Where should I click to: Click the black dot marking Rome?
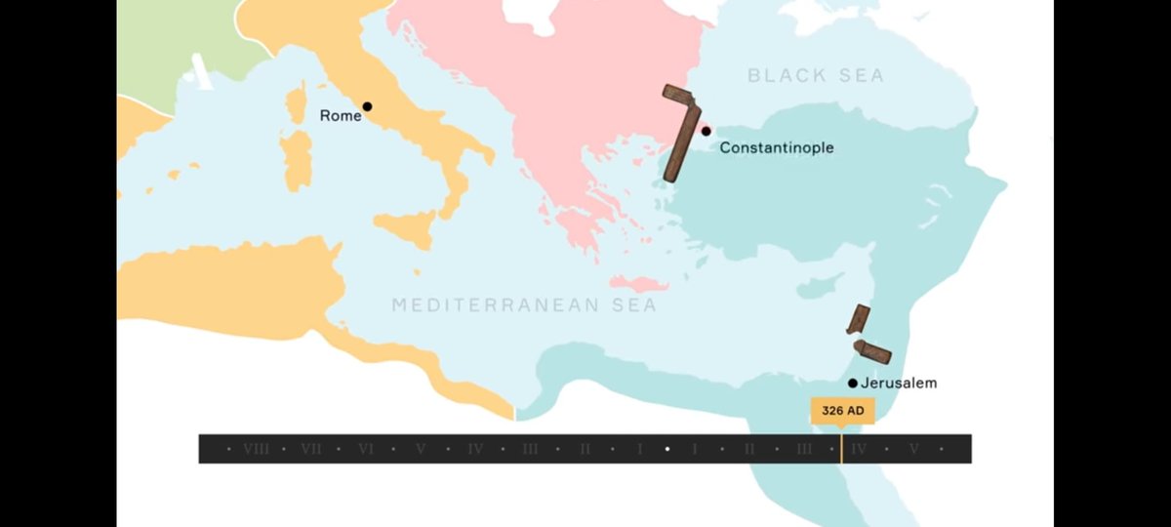[367, 106]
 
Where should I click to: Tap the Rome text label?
[341, 115]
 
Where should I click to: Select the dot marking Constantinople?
[707, 131]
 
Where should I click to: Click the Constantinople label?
[776, 147]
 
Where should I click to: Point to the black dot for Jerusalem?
[853, 384]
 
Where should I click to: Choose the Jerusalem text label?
[899, 384]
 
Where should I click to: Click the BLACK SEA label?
[815, 75]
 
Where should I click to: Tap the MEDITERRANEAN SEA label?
[524, 305]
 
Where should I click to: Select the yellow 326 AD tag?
[841, 411]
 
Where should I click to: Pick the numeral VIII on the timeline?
[257, 449]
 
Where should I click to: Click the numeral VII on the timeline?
[311, 449]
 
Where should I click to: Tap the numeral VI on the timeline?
[366, 449]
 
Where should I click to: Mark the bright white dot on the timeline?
[667, 449]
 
